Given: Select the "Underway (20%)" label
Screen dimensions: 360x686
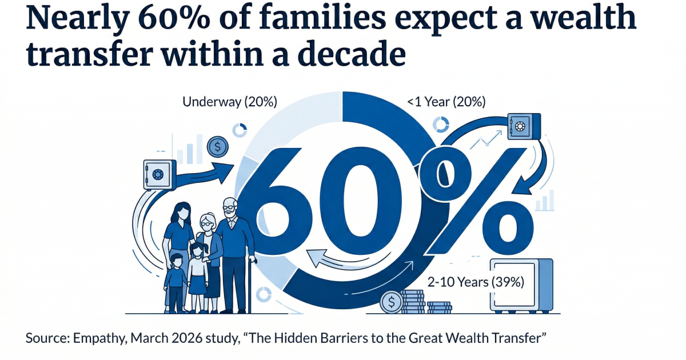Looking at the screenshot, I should pos(230,102).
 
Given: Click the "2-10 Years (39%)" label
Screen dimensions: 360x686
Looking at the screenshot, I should pos(476,282).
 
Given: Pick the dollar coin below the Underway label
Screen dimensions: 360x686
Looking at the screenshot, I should pos(217,147).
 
